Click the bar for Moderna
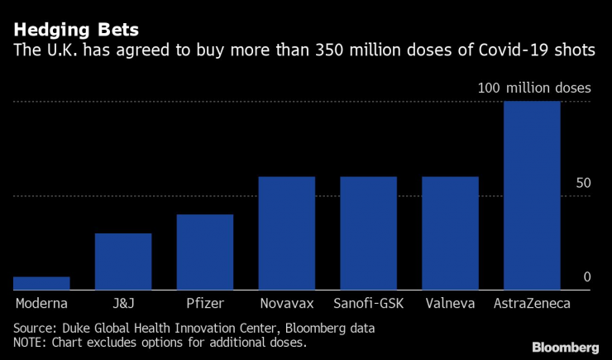(41, 283)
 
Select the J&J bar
(123, 262)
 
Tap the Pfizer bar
(205, 252)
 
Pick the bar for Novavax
(287, 233)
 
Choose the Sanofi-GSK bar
(368, 233)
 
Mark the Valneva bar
(450, 233)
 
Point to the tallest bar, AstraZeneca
(532, 195)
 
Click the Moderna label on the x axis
(41, 304)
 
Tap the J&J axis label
(123, 304)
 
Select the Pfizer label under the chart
(205, 304)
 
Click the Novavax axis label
(287, 304)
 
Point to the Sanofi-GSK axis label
(368, 304)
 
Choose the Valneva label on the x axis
(450, 304)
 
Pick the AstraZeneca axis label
(532, 304)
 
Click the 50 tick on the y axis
(583, 182)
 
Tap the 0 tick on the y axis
(587, 276)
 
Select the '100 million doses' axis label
(533, 88)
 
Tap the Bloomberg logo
(565, 347)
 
